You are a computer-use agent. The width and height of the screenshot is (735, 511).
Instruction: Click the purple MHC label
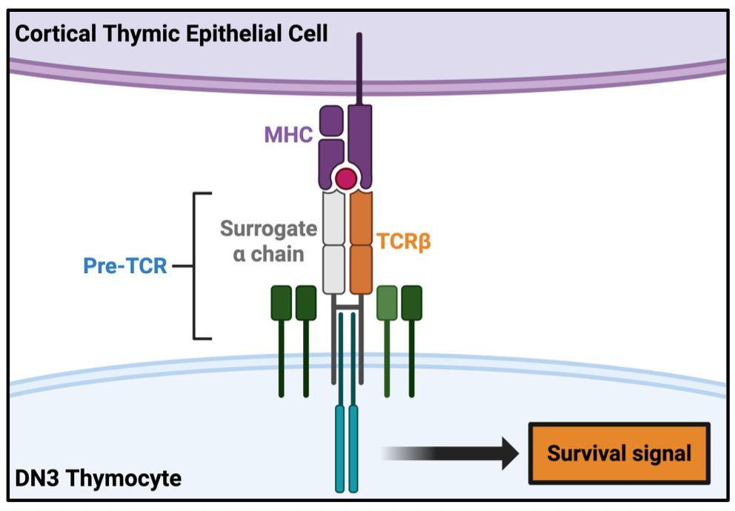tap(288, 135)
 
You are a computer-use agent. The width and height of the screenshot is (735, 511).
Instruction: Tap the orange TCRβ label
tap(404, 242)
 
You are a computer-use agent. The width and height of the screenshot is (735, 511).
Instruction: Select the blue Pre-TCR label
tap(125, 266)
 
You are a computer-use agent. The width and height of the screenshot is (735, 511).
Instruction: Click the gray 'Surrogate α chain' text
tap(268, 241)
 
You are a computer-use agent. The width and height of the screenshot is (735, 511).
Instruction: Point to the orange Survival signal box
tap(619, 453)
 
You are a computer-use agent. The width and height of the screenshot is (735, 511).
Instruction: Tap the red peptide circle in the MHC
tap(345, 178)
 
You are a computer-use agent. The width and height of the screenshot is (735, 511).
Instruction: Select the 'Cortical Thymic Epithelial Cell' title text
tap(171, 33)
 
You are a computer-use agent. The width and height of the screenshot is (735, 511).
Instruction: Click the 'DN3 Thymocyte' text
tap(98, 478)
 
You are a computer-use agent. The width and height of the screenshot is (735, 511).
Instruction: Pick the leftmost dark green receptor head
tap(281, 303)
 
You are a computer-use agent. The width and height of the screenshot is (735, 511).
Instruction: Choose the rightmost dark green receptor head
tap(411, 303)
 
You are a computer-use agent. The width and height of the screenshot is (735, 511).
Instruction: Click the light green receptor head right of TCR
tap(387, 303)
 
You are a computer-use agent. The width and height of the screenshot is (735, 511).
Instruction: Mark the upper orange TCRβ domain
tap(361, 218)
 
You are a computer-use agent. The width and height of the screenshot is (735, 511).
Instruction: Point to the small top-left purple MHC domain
tap(331, 121)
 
